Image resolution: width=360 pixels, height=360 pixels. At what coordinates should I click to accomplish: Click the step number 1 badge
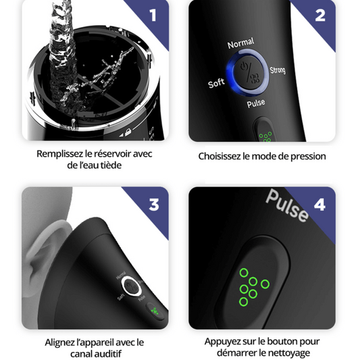[x=153, y=16]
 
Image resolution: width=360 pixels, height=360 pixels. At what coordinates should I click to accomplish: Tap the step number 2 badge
[x=320, y=16]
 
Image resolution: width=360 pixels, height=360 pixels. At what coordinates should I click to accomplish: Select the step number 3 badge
[x=154, y=205]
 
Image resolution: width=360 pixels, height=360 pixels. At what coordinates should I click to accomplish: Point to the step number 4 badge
[x=319, y=205]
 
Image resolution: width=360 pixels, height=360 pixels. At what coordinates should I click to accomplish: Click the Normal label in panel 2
[x=240, y=43]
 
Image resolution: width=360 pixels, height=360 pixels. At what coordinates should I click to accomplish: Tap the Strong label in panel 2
[x=278, y=70]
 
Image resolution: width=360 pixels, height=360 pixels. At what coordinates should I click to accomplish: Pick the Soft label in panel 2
[x=216, y=83]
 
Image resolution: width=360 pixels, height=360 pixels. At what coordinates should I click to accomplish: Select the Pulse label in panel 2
[x=256, y=103]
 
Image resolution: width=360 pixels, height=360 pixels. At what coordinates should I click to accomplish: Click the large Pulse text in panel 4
[x=287, y=205]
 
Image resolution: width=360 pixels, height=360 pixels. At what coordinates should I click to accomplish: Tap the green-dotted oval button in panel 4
[x=252, y=283]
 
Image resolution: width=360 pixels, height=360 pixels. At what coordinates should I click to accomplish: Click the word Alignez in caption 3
[x=60, y=342]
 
